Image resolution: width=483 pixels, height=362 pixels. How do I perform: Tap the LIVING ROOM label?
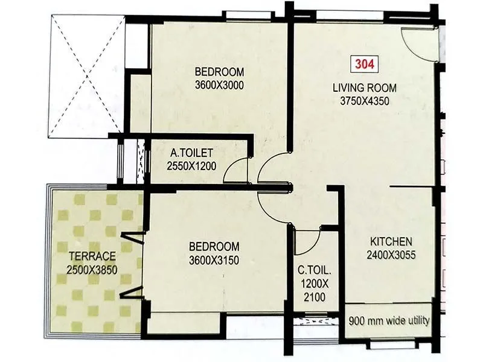[x=361, y=88]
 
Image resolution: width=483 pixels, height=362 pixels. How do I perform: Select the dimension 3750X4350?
[x=360, y=101]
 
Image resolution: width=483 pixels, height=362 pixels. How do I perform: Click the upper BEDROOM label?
[x=219, y=71]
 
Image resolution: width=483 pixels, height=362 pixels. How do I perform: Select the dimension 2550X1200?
[x=192, y=167]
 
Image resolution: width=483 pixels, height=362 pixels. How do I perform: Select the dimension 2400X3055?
[x=391, y=255]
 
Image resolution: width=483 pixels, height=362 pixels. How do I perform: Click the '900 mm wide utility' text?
[x=390, y=320]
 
